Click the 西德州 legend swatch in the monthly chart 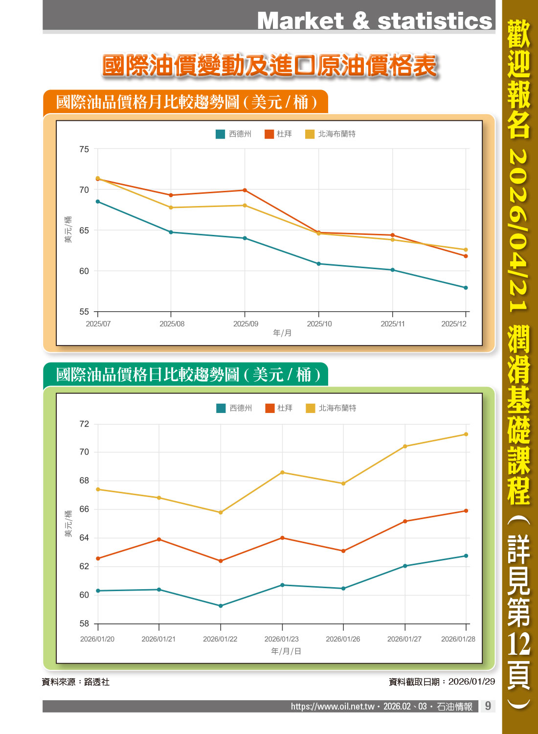click(220, 134)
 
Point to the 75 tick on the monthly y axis click(84, 149)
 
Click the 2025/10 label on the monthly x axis click(319, 324)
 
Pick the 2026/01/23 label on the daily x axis click(282, 639)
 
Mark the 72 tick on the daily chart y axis click(84, 424)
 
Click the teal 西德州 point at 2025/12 click(466, 288)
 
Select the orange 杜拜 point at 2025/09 click(245, 190)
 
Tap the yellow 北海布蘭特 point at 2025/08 click(171, 207)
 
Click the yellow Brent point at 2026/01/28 click(466, 435)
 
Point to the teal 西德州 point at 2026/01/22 click(221, 606)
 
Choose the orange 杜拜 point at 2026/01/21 click(159, 539)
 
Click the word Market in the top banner click(300, 21)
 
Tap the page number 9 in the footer click(488, 706)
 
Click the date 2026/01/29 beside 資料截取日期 click(471, 682)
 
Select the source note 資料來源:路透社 click(76, 682)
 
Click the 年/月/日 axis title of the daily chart click(286, 651)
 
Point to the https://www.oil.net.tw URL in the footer click(333, 707)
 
